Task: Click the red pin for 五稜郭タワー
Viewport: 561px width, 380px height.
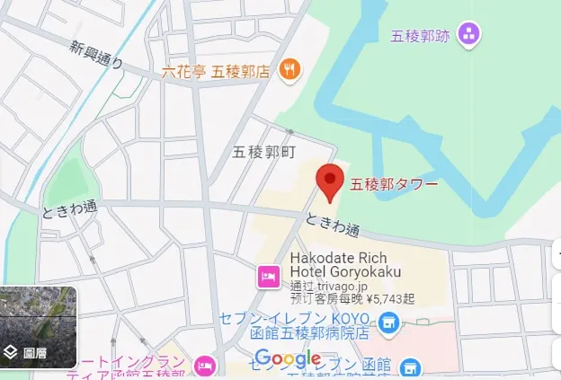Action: point(331,182)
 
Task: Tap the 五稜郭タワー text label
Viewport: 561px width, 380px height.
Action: point(394,185)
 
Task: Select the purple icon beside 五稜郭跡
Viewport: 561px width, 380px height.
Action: point(468,36)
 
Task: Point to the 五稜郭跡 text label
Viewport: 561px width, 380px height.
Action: point(420,37)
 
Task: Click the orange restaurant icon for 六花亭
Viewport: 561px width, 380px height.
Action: point(289,69)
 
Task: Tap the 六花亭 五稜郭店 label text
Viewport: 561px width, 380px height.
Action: point(216,70)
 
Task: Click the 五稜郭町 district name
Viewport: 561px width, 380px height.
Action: point(263,152)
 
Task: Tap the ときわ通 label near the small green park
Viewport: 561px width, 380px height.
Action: point(69,209)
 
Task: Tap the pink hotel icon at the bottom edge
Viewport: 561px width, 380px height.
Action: point(206,366)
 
